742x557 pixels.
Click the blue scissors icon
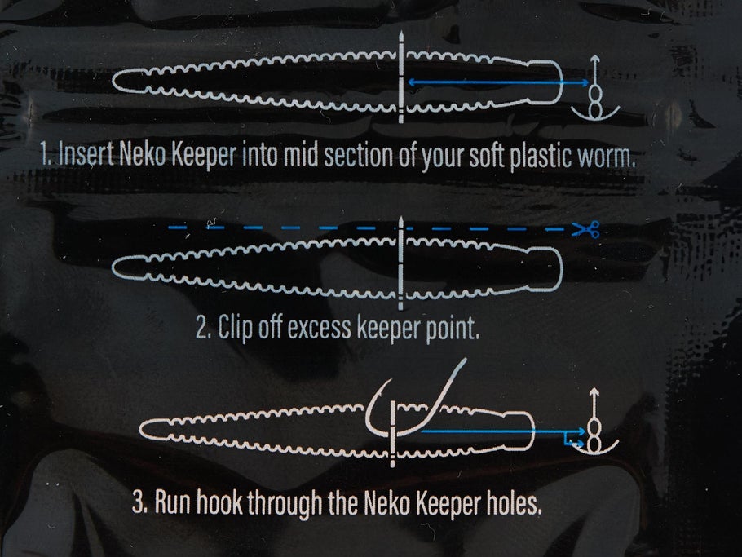pos(585,230)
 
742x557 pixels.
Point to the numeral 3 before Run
pos(138,501)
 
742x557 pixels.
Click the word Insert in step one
pos(81,156)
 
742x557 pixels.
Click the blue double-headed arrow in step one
pos(497,82)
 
